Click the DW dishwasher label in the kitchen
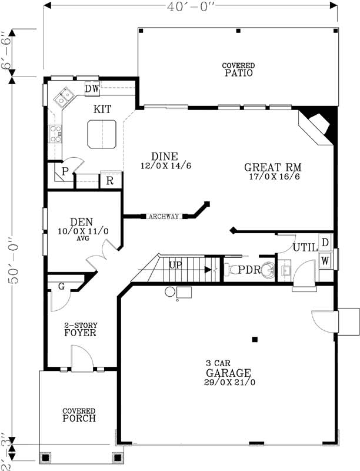coord(92,88)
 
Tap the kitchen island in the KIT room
coord(102,134)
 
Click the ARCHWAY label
coord(164,217)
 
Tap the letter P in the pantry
coord(65,171)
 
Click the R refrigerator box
coord(110,181)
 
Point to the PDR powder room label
coord(249,270)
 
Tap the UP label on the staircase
coord(175,266)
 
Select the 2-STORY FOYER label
coord(80,329)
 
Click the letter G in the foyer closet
coord(61,286)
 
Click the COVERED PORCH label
coord(79,414)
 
